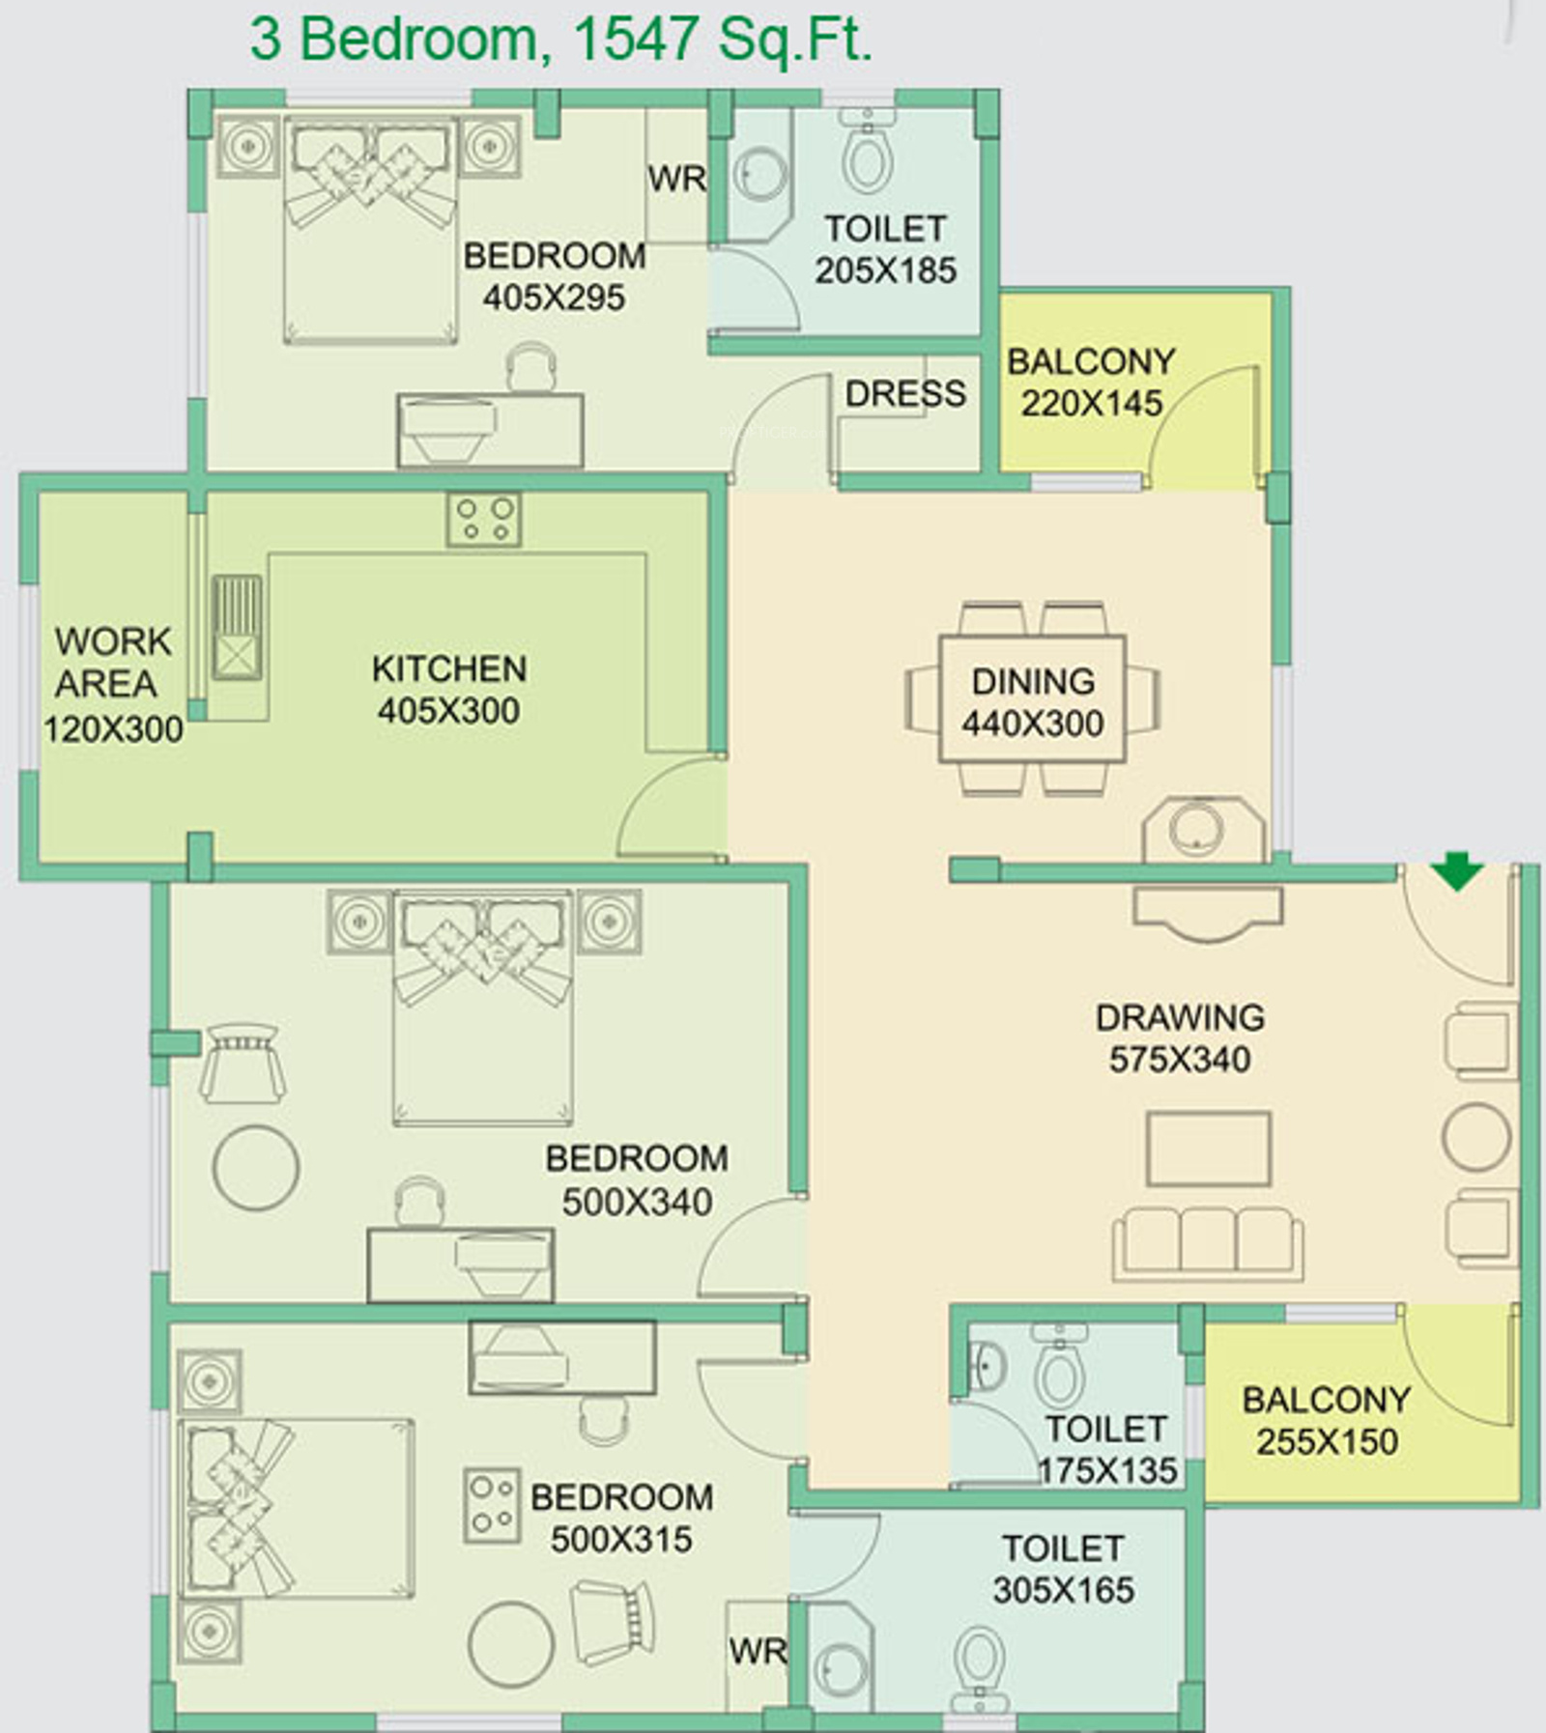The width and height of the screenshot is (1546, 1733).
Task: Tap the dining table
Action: [1032, 698]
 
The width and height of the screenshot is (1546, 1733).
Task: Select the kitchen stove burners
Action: [484, 519]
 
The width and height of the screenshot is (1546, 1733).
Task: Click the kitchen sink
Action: [237, 628]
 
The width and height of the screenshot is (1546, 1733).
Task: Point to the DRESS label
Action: [905, 393]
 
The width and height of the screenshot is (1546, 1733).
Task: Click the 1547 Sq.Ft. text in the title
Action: [723, 41]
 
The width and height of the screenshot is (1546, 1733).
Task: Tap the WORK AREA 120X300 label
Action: [113, 684]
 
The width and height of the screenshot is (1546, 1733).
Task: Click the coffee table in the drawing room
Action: [1209, 1148]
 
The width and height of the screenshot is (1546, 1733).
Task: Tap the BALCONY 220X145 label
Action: [1092, 383]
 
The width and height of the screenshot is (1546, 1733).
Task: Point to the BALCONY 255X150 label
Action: [1327, 1420]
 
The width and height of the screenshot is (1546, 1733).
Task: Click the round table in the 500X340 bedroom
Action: [256, 1168]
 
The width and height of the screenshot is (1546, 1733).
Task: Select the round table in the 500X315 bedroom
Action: [511, 1644]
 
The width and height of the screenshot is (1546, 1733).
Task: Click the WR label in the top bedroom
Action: [677, 179]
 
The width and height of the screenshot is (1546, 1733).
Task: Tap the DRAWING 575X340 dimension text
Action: [1180, 1060]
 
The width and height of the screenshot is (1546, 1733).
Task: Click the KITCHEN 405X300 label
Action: [449, 690]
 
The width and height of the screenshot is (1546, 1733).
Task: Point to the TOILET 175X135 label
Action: [1107, 1449]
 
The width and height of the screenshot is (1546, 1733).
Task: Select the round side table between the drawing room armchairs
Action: [1476, 1139]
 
